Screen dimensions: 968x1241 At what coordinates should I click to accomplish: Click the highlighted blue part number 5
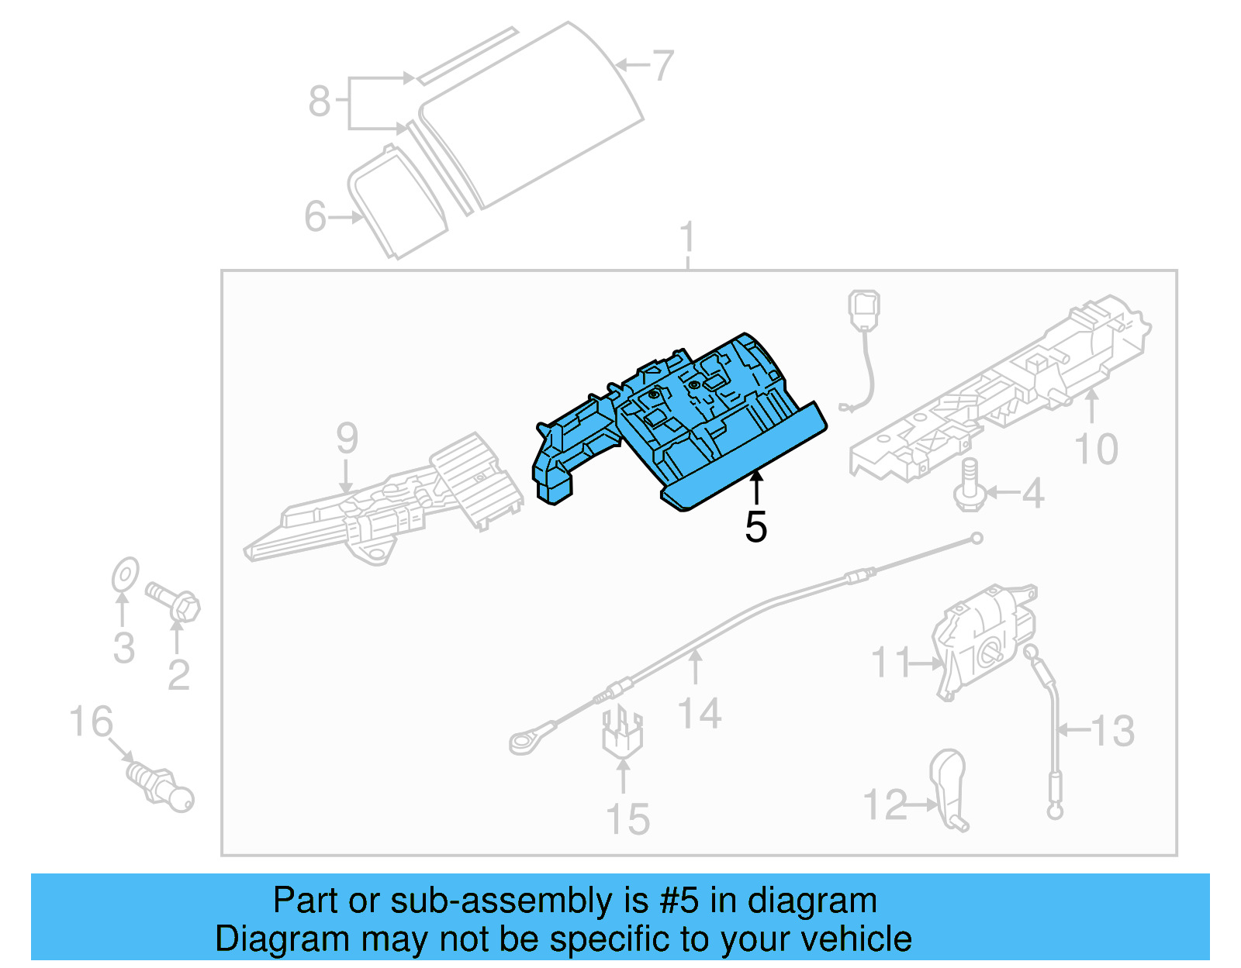coord(698,419)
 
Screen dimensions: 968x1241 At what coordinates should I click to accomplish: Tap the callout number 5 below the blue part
coord(755,528)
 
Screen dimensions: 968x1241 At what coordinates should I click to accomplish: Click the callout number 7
coord(662,67)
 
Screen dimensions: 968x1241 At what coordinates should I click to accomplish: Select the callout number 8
coord(319,102)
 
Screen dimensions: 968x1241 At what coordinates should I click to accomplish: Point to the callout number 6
coord(315,216)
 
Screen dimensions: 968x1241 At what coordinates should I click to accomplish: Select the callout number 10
coord(1095,450)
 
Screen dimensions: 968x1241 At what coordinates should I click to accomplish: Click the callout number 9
coord(347,439)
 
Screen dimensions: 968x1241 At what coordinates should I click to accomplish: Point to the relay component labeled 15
coord(621,732)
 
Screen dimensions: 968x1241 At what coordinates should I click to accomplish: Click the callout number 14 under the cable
coord(699,713)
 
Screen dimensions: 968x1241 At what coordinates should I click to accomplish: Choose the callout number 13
coord(1112,731)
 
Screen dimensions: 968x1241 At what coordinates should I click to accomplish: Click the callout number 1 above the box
coord(687,237)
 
